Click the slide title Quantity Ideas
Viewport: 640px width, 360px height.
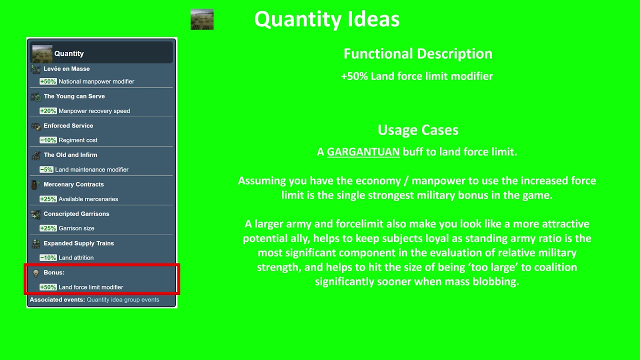326,19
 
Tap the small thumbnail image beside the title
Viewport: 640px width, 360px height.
202,19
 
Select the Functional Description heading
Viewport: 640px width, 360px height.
417,54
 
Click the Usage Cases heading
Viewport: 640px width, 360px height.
417,130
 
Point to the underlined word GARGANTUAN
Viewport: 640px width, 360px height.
363,152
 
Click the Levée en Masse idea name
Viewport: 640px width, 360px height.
66,69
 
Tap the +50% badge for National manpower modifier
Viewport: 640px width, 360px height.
48,81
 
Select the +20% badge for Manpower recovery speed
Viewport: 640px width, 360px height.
48,111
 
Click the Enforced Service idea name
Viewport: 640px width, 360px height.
68,125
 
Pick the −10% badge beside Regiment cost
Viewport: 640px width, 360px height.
48,140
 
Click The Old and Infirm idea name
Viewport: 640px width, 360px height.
70,155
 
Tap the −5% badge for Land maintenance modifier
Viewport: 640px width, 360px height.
46,170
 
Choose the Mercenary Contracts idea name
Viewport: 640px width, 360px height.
73,184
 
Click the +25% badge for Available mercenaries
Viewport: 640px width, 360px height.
48,199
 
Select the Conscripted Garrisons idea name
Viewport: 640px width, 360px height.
76,214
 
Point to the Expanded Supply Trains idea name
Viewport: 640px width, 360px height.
78,243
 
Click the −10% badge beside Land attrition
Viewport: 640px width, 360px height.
48,258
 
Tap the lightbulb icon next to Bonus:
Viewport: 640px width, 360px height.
35,273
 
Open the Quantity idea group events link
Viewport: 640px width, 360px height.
123,300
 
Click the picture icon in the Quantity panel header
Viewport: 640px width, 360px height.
42,53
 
